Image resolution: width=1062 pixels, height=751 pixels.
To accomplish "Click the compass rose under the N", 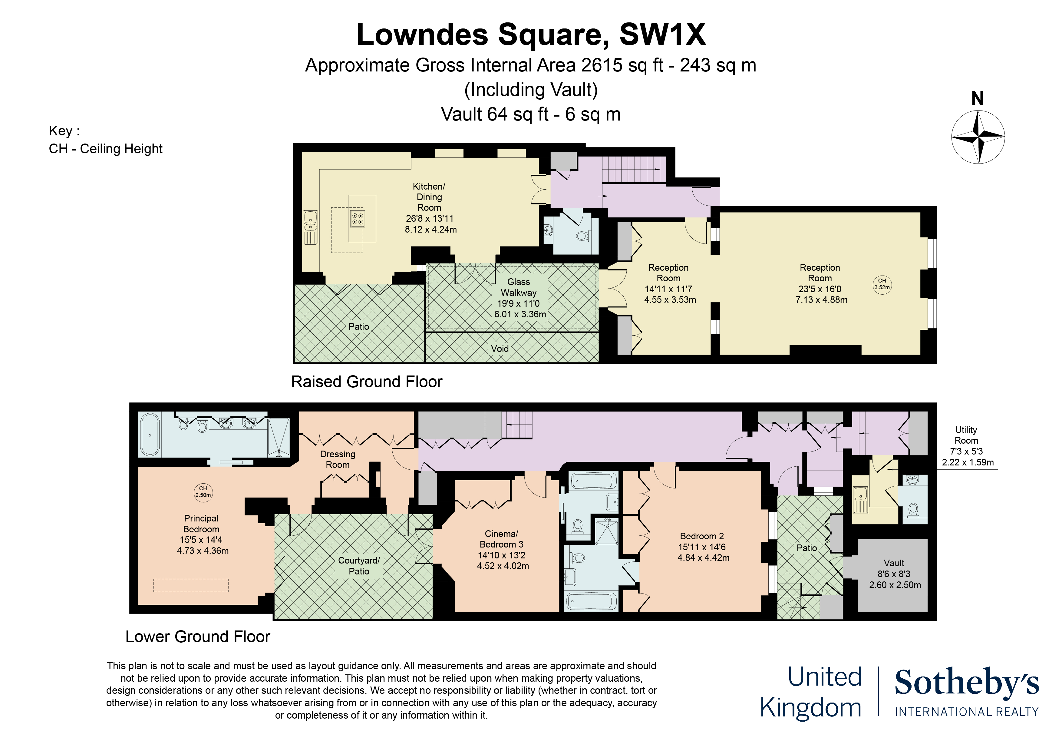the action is pyautogui.click(x=978, y=137).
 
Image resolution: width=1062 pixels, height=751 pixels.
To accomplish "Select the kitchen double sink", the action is pyautogui.click(x=310, y=227).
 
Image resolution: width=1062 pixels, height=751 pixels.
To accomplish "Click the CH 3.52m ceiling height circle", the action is pyautogui.click(x=882, y=284).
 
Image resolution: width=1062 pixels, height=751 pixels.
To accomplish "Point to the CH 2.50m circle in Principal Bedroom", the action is pyautogui.click(x=203, y=492).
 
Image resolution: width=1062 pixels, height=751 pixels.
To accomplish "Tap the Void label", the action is pyautogui.click(x=500, y=349).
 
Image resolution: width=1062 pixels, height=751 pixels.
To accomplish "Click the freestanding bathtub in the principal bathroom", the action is pyautogui.click(x=150, y=435).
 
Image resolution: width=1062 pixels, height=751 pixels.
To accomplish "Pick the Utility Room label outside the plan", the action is pyautogui.click(x=966, y=435).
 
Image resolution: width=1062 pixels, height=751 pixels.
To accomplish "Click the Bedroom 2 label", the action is pyautogui.click(x=702, y=536).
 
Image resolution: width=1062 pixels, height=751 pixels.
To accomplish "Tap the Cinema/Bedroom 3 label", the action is pyautogui.click(x=501, y=539).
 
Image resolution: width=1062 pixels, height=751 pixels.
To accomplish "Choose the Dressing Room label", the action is pyautogui.click(x=338, y=459).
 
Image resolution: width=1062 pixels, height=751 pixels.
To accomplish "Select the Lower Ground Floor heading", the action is pyautogui.click(x=197, y=637).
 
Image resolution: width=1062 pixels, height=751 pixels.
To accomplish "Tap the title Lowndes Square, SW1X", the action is pyautogui.click(x=531, y=35).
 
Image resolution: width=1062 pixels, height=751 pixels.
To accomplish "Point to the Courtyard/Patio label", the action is pyautogui.click(x=359, y=565).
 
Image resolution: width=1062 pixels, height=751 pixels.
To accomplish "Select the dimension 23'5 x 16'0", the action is pyautogui.click(x=820, y=289).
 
